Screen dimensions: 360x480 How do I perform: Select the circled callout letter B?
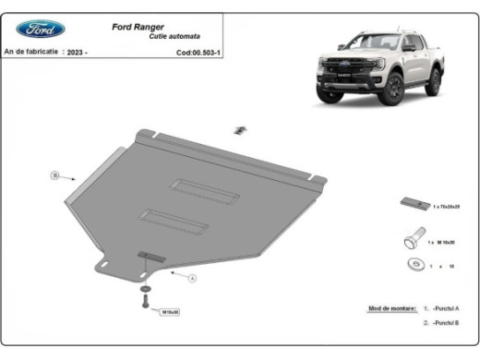tap(54, 174)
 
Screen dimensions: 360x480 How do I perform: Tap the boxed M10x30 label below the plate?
tap(172, 312)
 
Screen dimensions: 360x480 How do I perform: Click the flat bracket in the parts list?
tap(412, 204)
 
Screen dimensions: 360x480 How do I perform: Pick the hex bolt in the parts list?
tap(411, 242)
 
